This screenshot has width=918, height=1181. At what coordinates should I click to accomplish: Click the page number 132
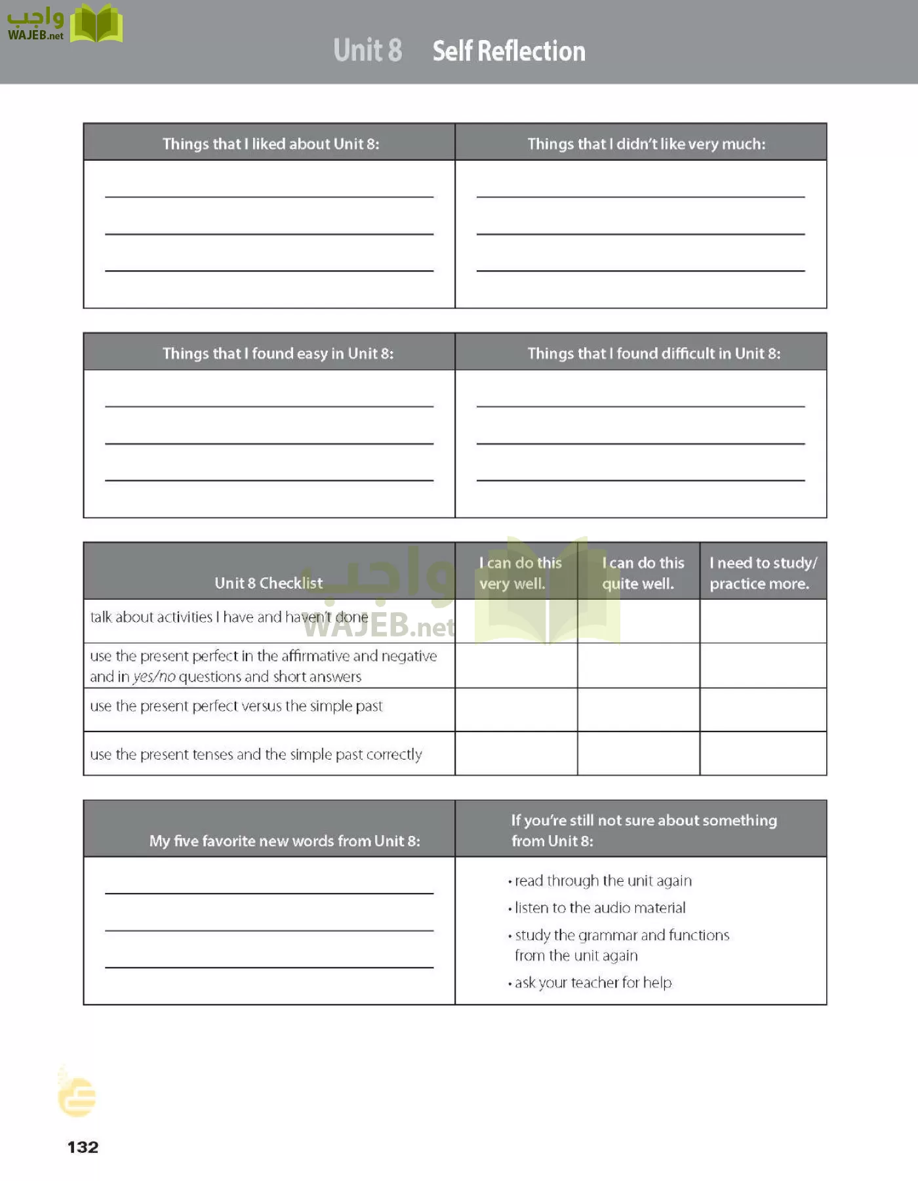(83, 1147)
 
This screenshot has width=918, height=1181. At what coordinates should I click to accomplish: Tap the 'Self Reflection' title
(509, 51)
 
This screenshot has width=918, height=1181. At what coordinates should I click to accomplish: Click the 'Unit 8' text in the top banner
(367, 51)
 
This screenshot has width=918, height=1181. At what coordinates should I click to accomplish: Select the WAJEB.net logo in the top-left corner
(64, 24)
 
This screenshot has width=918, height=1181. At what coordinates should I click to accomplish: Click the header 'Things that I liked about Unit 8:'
(270, 144)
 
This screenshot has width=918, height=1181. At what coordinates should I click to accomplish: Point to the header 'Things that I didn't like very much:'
(646, 144)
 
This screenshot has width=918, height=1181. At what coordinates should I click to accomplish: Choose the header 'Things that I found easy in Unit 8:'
(277, 354)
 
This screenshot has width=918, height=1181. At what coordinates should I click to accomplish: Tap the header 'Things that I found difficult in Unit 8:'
(654, 354)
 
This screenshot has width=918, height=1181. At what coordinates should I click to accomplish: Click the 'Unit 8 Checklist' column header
(268, 583)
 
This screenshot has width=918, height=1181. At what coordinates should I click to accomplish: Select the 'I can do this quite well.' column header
(642, 573)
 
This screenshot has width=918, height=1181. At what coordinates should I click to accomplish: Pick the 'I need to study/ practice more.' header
(763, 573)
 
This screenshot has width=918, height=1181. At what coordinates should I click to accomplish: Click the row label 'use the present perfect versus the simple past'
(236, 706)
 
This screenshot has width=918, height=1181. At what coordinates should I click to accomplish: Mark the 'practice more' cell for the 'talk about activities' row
(763, 621)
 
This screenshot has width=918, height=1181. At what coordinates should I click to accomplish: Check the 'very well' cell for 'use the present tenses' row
(516, 753)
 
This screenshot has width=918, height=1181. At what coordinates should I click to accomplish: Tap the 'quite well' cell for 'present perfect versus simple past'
(639, 709)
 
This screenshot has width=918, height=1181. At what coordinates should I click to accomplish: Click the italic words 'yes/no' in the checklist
(154, 676)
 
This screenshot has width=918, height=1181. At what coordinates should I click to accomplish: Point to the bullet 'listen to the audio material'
(599, 907)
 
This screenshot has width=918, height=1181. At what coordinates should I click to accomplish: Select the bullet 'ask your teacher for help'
(593, 982)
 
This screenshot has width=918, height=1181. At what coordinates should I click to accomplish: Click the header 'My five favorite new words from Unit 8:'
(284, 840)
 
